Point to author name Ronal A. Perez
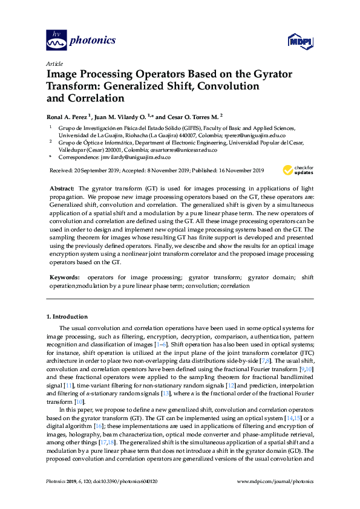point(68,115)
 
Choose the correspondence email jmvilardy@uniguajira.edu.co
point(132,157)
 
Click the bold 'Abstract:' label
point(62,189)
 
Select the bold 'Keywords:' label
point(64,277)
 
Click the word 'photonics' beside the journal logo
point(93,41)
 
